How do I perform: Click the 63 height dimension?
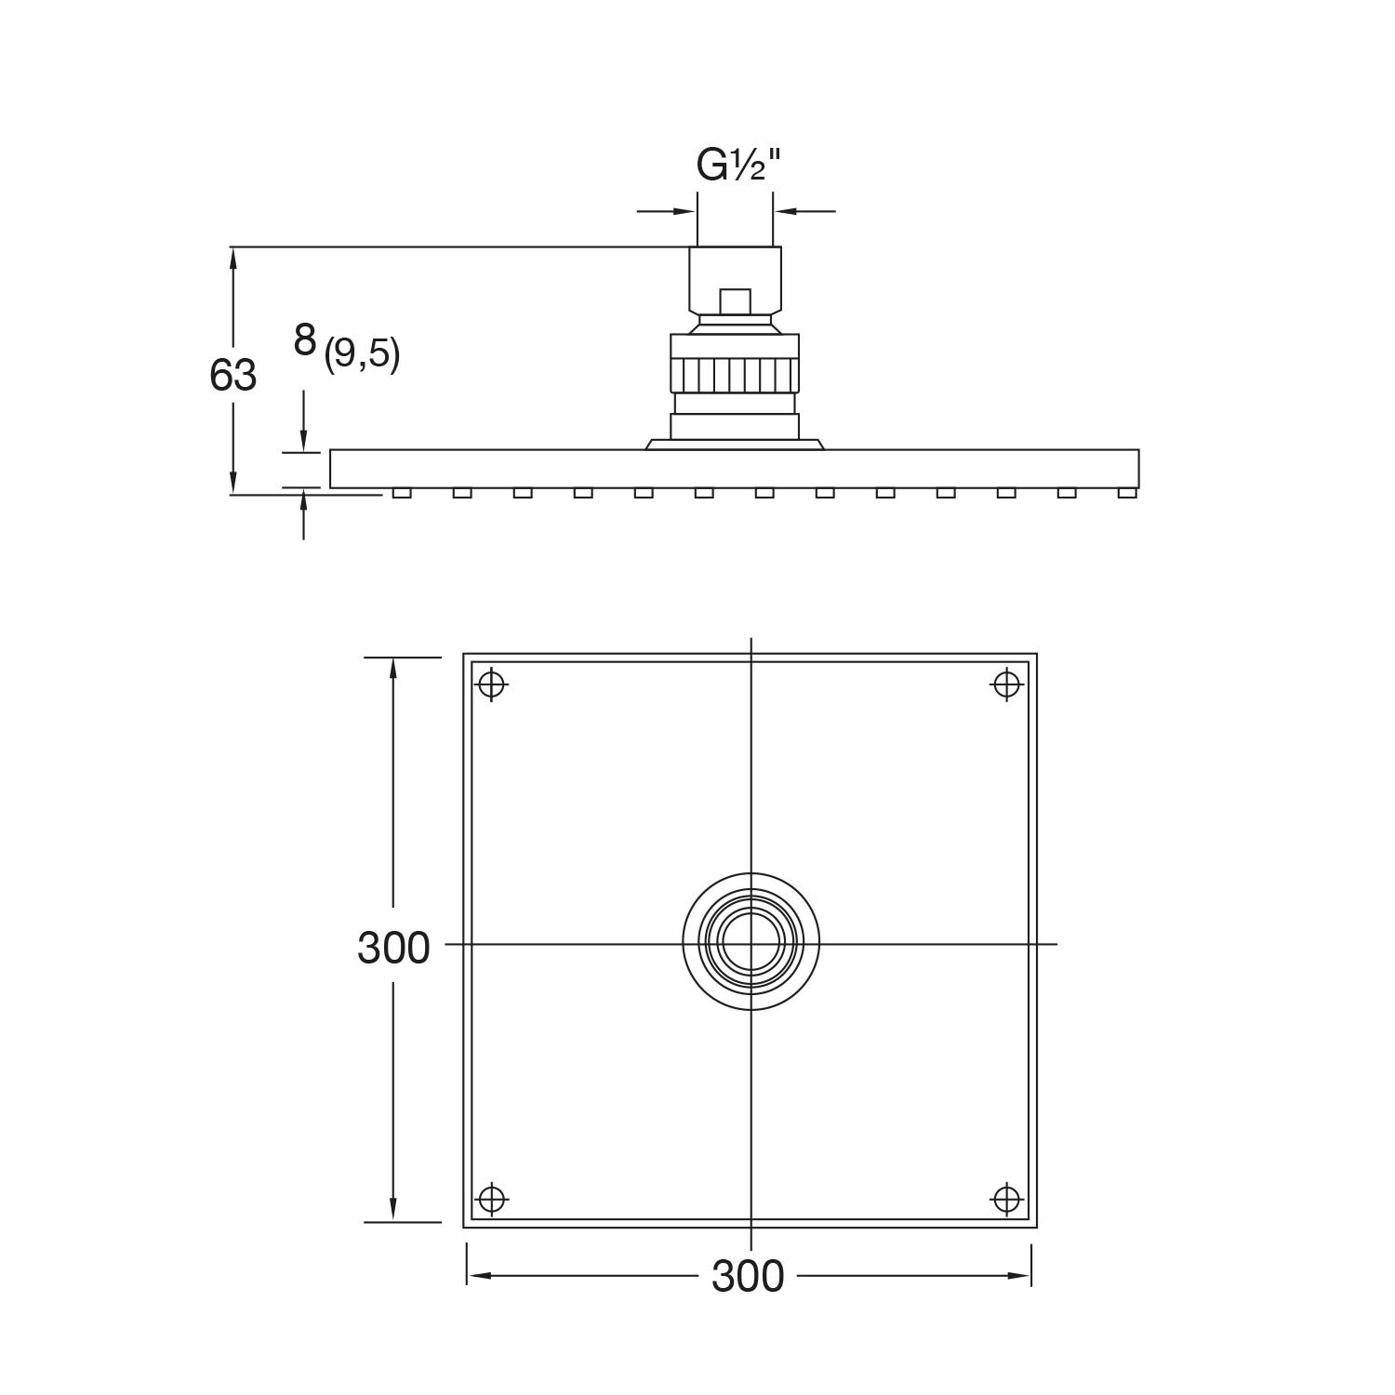coord(232,376)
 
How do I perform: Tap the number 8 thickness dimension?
coord(305,340)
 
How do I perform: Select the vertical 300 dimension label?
coord(393,948)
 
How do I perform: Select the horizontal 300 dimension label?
coord(749,1277)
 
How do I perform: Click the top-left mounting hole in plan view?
coord(491,684)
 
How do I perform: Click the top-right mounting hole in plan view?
coord(1007,684)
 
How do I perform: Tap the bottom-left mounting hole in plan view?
coord(491,1199)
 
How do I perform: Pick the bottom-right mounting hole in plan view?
coord(1007,1199)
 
